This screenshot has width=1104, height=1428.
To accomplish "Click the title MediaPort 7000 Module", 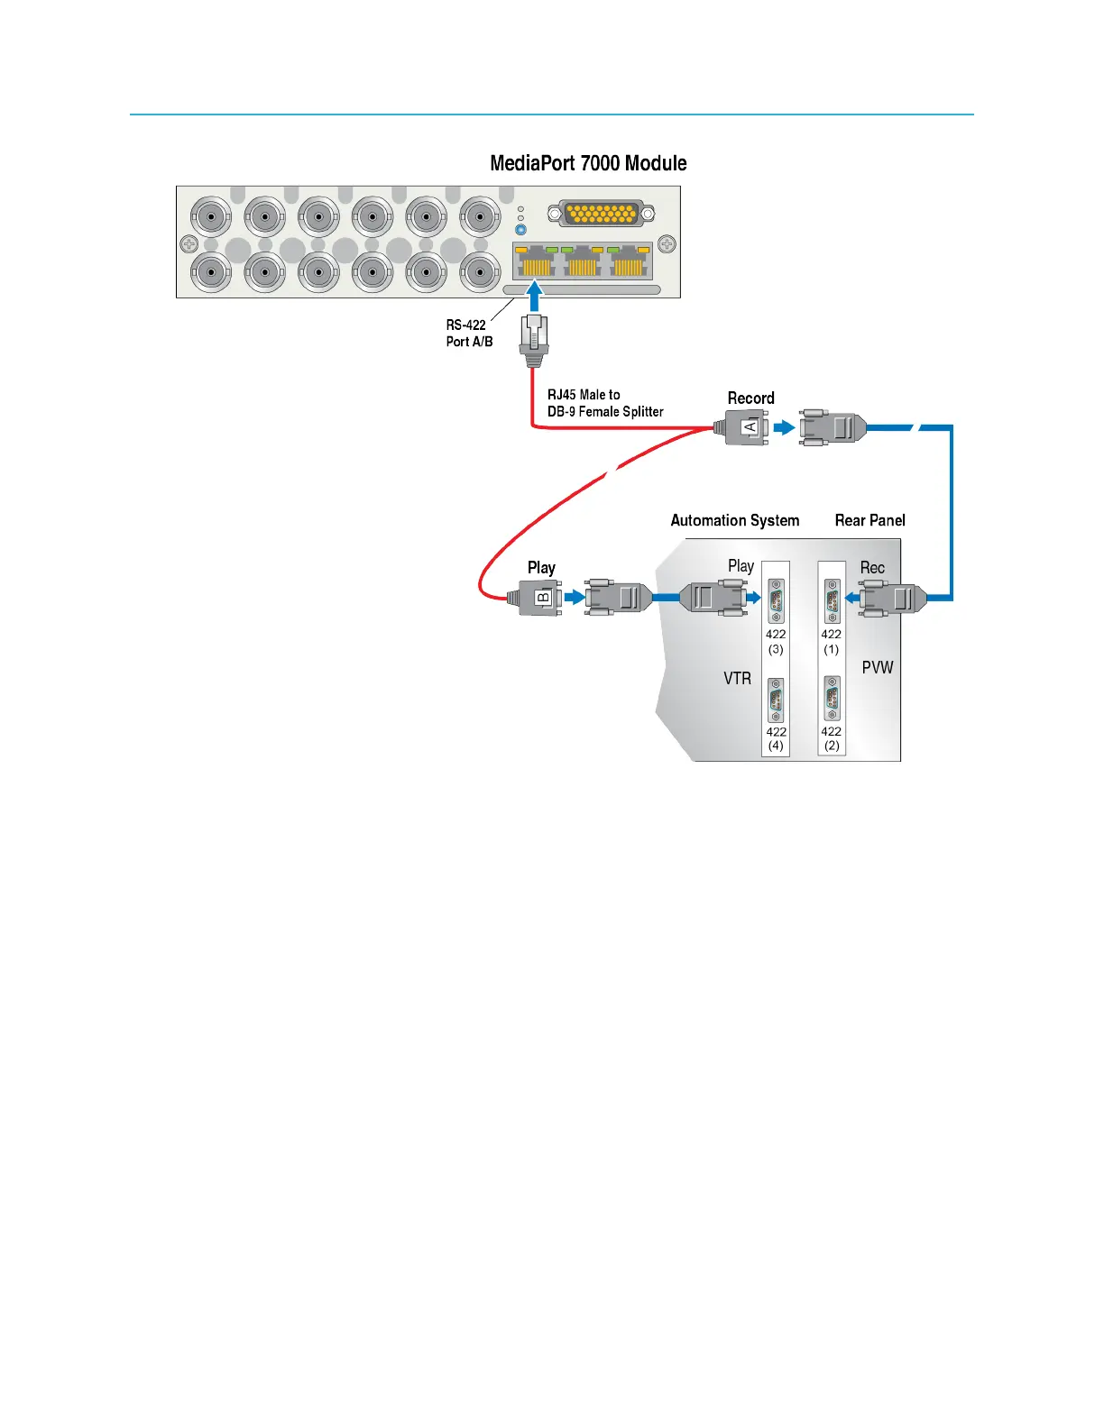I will tap(588, 163).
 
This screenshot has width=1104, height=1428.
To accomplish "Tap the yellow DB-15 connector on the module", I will tap(602, 214).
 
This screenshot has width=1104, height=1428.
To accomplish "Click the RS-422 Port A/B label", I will tap(469, 333).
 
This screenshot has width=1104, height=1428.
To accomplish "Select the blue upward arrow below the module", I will tap(535, 297).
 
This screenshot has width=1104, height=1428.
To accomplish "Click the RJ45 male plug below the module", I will tap(535, 338).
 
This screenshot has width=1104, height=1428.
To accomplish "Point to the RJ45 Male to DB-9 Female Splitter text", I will tap(605, 403).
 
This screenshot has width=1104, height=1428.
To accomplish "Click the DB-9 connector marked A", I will tap(748, 427).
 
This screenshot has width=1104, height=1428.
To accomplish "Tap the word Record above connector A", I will tap(750, 398).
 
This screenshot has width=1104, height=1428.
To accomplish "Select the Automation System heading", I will tap(734, 520).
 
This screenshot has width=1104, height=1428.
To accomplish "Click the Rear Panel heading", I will tap(869, 520).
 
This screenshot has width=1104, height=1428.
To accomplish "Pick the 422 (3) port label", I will tap(776, 641).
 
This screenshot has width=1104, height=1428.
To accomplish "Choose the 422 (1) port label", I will tap(831, 641).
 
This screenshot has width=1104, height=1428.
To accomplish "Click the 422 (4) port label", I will tap(776, 738).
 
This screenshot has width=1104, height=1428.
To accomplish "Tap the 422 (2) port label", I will tap(831, 738).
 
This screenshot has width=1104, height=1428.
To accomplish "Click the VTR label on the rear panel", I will tap(737, 678).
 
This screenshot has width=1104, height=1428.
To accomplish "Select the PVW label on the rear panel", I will tap(877, 667).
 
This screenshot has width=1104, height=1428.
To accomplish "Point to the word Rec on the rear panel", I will tap(871, 568).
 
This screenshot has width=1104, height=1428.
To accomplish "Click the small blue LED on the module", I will tap(520, 230).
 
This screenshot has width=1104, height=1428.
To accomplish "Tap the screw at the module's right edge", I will tap(667, 243).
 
